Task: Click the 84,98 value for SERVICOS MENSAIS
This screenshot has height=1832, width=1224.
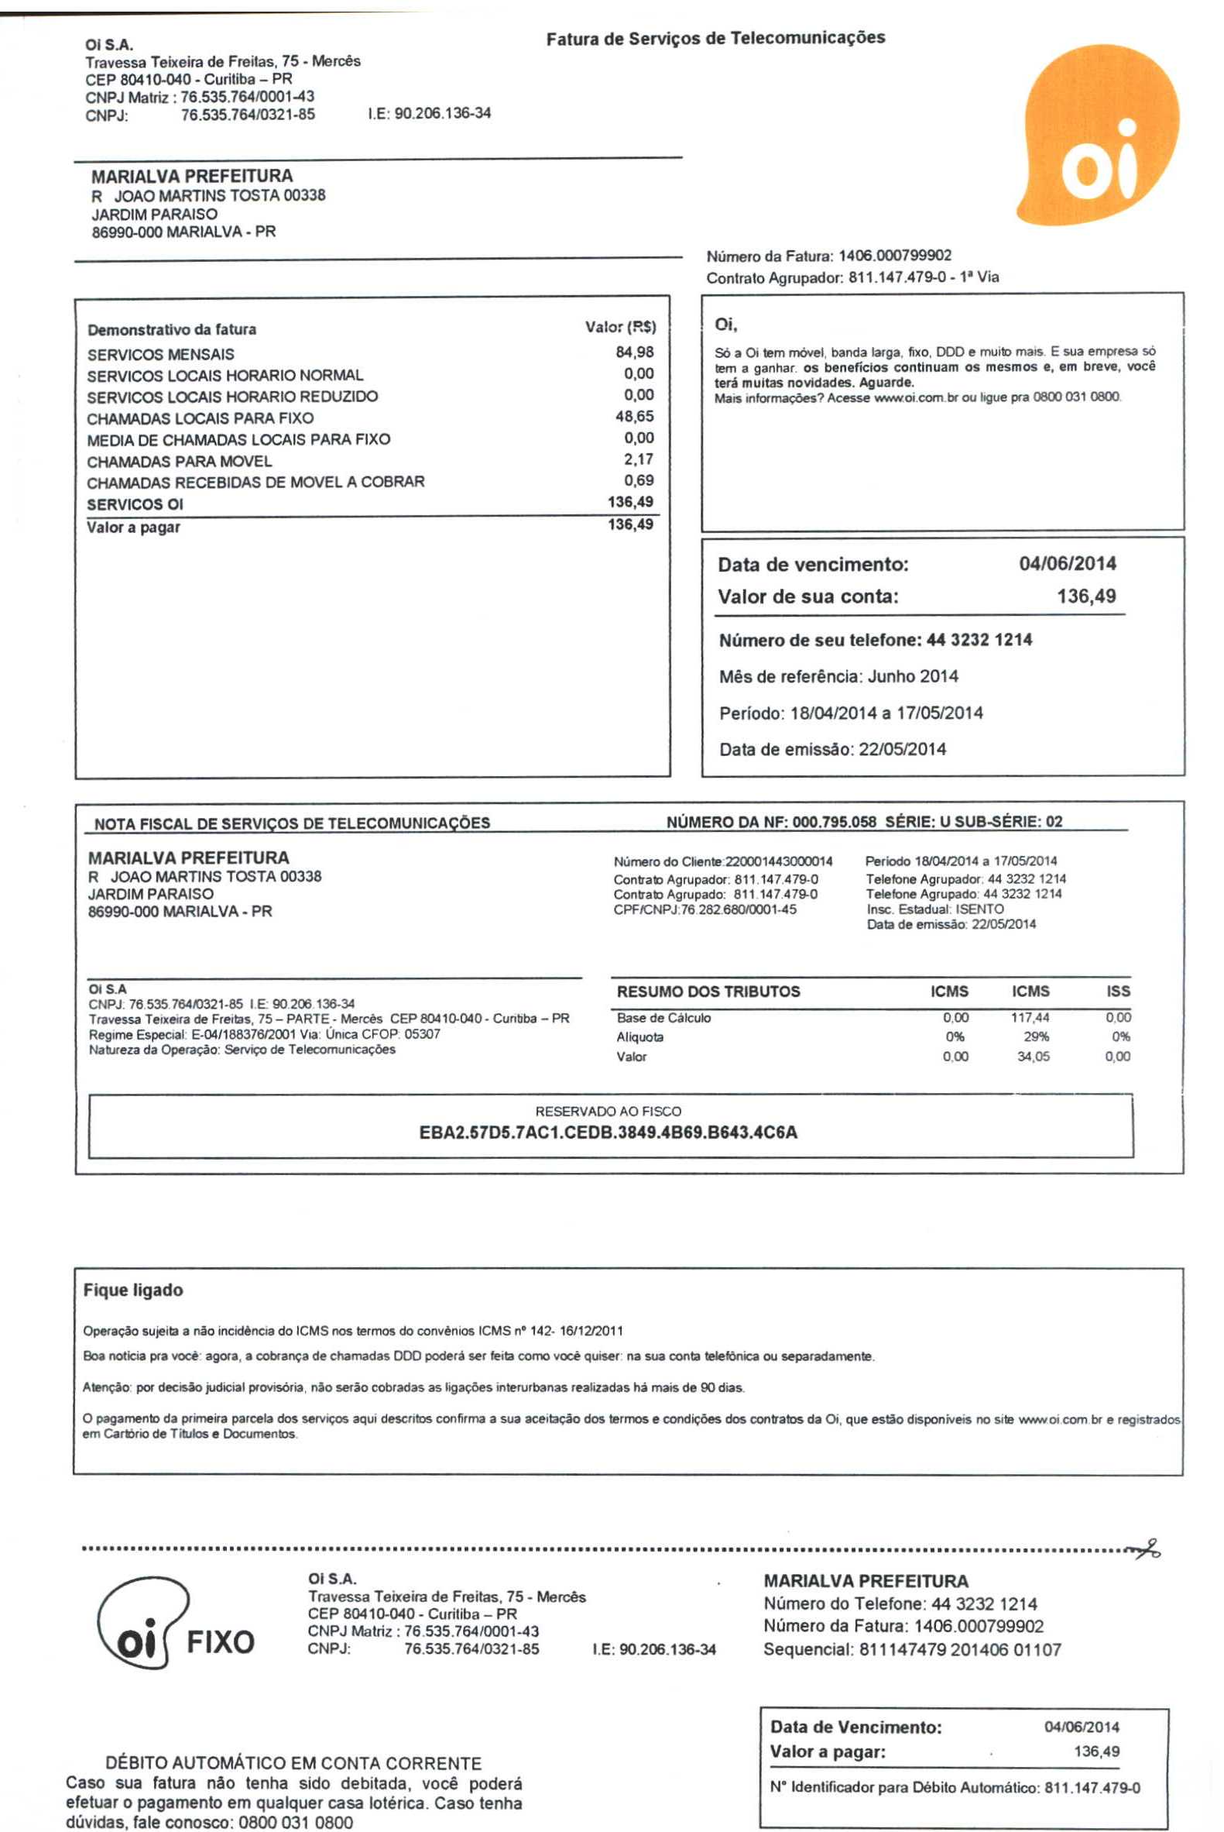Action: [x=635, y=352]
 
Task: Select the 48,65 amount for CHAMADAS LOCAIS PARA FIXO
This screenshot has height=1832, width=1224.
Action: [x=635, y=416]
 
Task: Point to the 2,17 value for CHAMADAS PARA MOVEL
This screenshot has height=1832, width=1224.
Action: [x=639, y=459]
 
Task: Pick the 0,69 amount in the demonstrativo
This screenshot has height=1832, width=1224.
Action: [x=639, y=480]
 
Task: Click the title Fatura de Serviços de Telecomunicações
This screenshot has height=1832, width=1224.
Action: [x=715, y=38]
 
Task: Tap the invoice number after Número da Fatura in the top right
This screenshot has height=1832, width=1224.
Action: [x=895, y=256]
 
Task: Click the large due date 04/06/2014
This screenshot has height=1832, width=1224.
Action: [x=1067, y=563]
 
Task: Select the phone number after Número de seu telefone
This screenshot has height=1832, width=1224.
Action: [x=979, y=640]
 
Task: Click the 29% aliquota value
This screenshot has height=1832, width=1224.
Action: [x=1036, y=1037]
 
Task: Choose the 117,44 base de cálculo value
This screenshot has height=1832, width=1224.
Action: [x=1030, y=1018]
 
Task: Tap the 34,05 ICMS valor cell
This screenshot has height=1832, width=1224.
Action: [x=1033, y=1057]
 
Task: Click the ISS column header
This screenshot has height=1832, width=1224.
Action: [x=1118, y=991]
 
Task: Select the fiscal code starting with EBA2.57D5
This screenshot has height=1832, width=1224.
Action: [x=608, y=1133]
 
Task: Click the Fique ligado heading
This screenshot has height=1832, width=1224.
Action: [x=133, y=1290]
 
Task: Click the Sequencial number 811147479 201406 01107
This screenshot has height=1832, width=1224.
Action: [x=960, y=1649]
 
